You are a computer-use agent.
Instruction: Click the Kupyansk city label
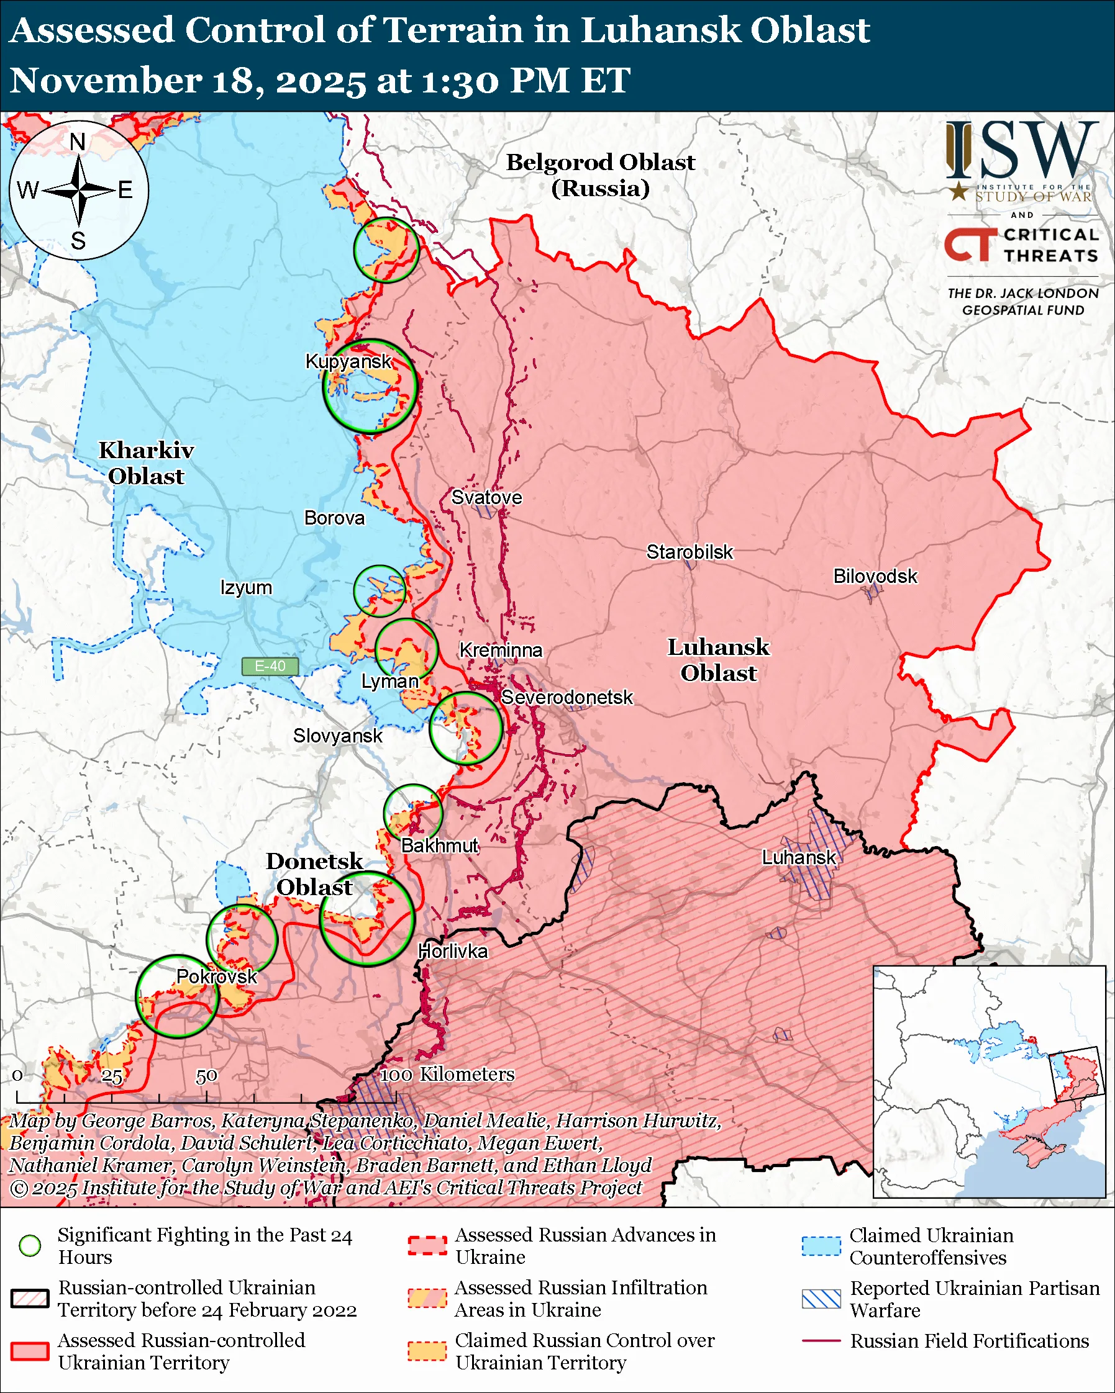coord(348,361)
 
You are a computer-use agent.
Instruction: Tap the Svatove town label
coord(486,497)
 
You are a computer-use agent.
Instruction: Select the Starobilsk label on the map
coord(689,552)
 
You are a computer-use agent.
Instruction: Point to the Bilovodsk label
coord(875,576)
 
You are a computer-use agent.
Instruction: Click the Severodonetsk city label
coord(567,698)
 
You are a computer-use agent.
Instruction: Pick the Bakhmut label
coord(440,845)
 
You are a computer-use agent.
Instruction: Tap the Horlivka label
coord(452,951)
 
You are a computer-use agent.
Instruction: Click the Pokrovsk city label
coord(217,976)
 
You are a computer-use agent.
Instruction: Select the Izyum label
coord(245,588)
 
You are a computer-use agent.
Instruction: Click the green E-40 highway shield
coord(270,666)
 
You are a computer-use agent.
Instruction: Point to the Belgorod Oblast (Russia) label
coord(600,175)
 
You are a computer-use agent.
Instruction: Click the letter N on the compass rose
coord(78,142)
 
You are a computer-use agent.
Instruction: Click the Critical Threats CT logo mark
coord(970,244)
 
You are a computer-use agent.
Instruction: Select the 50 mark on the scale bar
coord(206,1076)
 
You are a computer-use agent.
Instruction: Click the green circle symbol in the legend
coord(30,1245)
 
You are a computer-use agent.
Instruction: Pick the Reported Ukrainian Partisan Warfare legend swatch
coord(821,1299)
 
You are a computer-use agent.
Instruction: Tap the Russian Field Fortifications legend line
coord(821,1341)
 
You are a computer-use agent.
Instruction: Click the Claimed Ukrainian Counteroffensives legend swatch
coord(821,1246)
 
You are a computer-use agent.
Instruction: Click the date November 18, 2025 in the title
coord(188,81)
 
